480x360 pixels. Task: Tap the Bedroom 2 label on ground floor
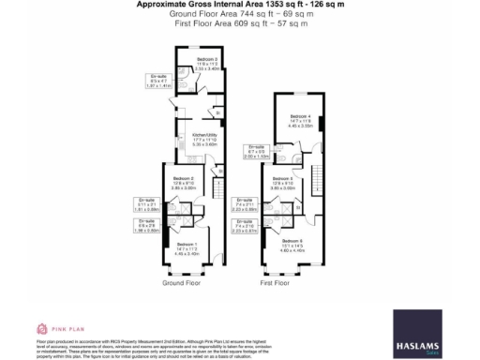184,182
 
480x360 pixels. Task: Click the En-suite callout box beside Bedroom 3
159,80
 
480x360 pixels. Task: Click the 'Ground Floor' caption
181,282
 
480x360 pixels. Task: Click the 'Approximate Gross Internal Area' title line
239,5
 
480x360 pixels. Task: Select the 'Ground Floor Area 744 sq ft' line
239,14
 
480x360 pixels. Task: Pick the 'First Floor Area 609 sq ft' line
239,23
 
